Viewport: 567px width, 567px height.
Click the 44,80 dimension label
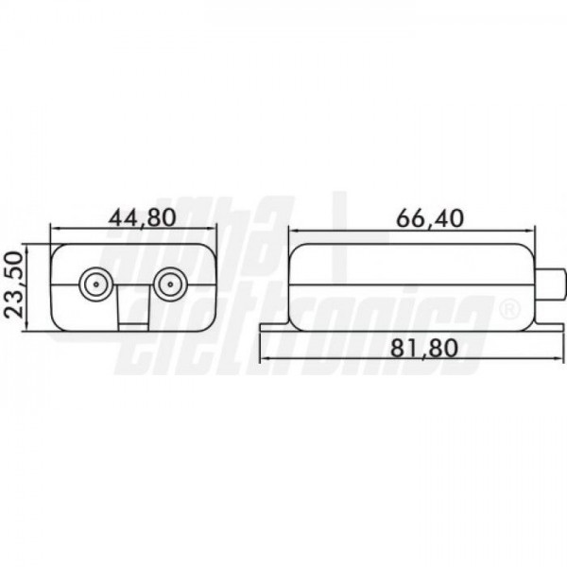click(143, 218)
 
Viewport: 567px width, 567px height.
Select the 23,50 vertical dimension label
click(14, 285)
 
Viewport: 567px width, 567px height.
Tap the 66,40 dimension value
click(430, 218)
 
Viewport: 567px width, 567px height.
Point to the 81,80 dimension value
click(424, 348)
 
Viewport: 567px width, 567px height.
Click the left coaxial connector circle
click(95, 284)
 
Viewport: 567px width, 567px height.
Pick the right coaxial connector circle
click(170, 284)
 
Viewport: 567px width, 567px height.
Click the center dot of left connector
click(95, 284)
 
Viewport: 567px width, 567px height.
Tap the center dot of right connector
click(170, 284)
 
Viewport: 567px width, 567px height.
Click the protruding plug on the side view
click(549, 284)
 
